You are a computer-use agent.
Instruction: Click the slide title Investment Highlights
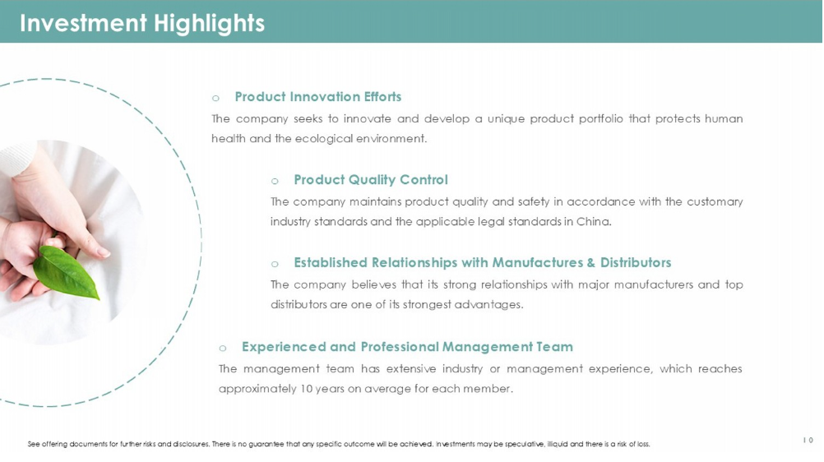click(x=142, y=24)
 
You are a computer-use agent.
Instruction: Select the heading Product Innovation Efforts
click(x=318, y=97)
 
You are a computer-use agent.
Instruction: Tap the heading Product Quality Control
click(x=371, y=180)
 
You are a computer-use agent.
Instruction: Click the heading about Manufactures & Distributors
click(x=483, y=262)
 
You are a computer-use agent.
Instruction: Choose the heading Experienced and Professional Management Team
click(x=407, y=347)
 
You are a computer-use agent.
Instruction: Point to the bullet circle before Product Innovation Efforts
click(x=215, y=99)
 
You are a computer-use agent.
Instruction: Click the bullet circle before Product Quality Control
click(x=275, y=182)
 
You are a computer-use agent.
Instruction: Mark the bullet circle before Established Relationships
click(x=275, y=265)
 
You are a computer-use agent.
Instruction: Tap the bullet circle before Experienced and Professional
click(x=222, y=349)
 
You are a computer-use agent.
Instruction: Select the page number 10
click(x=808, y=441)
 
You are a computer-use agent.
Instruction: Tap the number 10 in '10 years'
click(x=306, y=389)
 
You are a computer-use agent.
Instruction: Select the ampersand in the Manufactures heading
click(x=591, y=263)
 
